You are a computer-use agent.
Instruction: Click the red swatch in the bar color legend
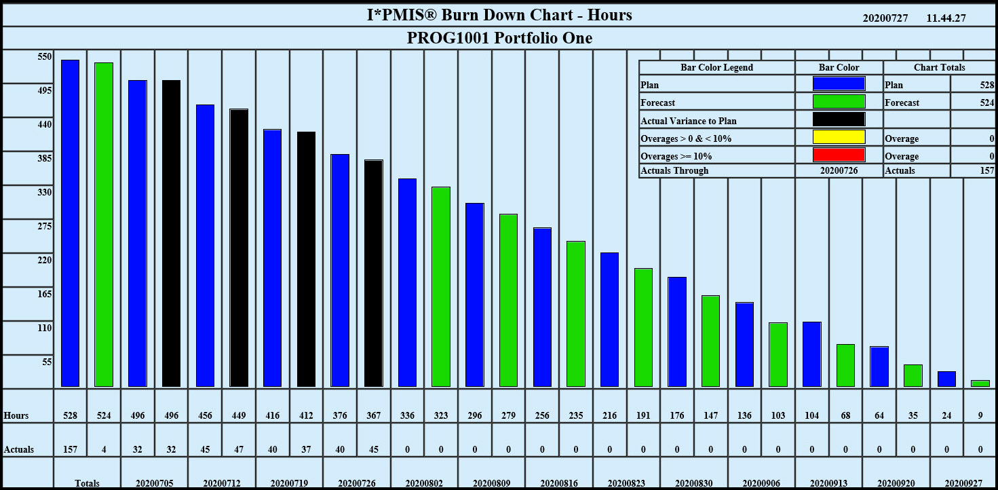point(839,155)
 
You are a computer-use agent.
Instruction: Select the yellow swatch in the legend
point(839,137)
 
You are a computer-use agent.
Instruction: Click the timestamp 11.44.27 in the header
point(946,18)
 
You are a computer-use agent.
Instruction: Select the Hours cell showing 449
point(239,415)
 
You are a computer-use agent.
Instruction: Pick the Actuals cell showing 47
point(239,449)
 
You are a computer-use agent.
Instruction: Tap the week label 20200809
point(492,483)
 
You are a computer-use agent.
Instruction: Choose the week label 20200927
point(963,483)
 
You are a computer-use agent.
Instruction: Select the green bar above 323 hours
point(441,286)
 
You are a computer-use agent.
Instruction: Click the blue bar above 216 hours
point(609,320)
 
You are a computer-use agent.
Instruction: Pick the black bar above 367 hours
point(374,274)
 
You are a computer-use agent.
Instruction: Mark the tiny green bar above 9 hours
point(980,383)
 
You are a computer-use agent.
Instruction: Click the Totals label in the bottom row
point(87,483)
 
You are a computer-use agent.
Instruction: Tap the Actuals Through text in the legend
point(674,170)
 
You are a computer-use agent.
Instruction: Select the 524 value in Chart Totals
point(986,102)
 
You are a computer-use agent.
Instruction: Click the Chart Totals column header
point(940,67)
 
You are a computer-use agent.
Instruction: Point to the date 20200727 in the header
point(885,18)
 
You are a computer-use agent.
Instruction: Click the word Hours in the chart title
point(610,14)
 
